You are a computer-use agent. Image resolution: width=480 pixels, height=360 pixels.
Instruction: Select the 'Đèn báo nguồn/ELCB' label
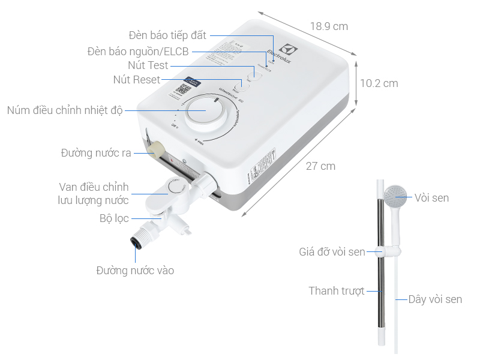[137, 52]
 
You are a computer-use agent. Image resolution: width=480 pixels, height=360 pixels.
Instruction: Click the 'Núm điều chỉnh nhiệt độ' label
[65, 110]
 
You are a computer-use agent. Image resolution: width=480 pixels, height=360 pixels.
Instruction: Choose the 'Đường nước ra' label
[95, 153]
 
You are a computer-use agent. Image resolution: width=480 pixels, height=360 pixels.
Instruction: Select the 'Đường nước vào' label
[135, 271]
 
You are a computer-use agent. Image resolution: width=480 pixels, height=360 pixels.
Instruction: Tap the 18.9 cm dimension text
[329, 26]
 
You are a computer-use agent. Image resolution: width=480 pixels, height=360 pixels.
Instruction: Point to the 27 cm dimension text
[320, 166]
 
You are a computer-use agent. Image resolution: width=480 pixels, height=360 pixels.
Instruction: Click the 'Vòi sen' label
[431, 197]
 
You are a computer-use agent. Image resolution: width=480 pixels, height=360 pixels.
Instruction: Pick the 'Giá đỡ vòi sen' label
[332, 251]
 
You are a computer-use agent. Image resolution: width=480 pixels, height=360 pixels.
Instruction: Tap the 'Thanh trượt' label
[337, 291]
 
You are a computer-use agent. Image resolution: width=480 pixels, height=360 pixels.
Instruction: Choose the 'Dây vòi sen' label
[435, 299]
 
